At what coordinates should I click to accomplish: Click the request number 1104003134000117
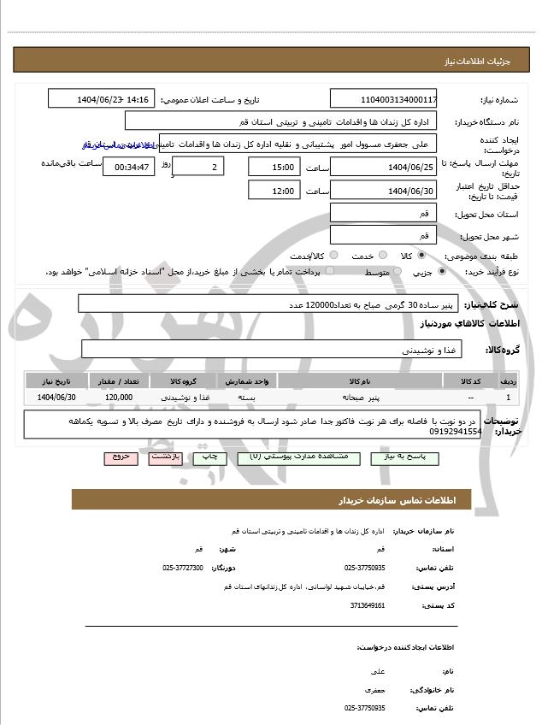383,99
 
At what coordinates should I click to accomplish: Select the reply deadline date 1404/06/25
383,167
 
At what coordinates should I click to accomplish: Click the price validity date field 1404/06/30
383,191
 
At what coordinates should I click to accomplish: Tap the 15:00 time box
274,167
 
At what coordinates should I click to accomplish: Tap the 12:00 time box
274,191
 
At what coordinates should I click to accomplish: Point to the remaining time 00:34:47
130,167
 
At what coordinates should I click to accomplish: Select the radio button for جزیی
441,272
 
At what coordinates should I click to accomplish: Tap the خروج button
121,457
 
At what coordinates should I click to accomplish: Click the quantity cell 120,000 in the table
119,398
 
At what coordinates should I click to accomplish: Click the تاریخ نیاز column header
57,380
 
